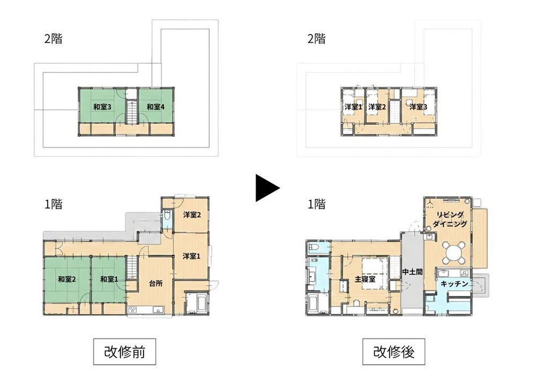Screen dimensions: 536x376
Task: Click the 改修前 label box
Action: point(124,351)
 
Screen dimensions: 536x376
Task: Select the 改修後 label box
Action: point(393,351)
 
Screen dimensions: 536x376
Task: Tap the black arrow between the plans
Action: point(267,188)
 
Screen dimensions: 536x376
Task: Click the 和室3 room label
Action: point(102,107)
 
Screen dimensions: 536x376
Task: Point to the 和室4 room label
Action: point(155,107)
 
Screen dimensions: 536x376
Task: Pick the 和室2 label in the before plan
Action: point(66,279)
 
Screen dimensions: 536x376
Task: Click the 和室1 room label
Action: point(109,279)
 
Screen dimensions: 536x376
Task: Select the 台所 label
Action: point(155,283)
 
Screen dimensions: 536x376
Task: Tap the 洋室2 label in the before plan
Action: point(192,215)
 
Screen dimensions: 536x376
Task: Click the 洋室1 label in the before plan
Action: point(191,256)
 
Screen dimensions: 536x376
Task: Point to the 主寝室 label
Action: point(364,279)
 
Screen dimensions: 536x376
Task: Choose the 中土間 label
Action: point(412,272)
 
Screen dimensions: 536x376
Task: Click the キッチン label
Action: point(455,284)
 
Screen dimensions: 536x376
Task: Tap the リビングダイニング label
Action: point(450,219)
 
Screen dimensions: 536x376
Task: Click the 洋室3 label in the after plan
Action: point(419,107)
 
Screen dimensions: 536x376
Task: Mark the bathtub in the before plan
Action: point(197,304)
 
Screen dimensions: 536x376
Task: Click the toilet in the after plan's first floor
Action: point(314,247)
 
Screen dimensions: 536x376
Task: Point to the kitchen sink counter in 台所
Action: point(146,310)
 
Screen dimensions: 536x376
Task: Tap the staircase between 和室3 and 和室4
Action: point(132,112)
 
